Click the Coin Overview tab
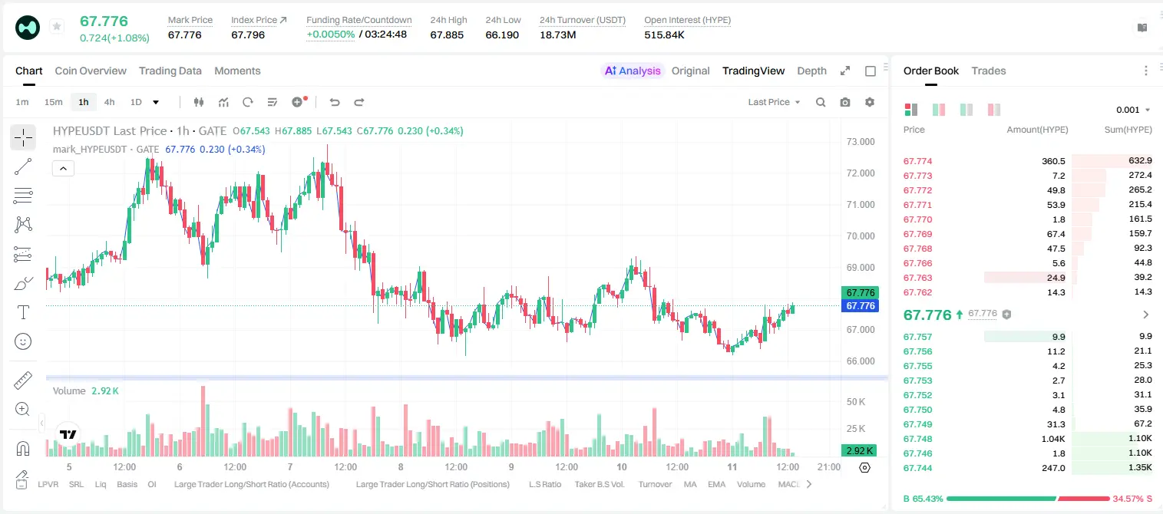pos(91,71)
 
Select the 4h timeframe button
pos(109,102)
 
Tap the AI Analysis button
pos(633,71)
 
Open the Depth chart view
pos(811,71)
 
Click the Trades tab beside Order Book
pos(989,71)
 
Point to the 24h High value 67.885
pos(447,35)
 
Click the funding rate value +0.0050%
pos(331,35)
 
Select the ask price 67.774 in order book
pos(917,161)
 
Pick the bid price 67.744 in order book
pos(917,468)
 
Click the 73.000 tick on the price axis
pos(861,142)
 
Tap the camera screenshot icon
pos(845,102)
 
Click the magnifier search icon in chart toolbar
pos(821,102)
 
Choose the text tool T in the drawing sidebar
pos(23,312)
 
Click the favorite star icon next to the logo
pos(57,26)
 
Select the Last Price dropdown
pos(774,102)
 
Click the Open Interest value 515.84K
pos(664,35)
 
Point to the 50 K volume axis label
pos(856,401)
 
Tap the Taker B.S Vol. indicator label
pos(599,484)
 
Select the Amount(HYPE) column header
pos(1037,129)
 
